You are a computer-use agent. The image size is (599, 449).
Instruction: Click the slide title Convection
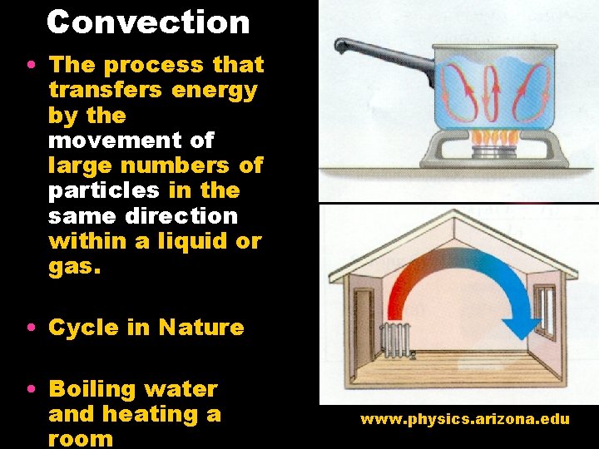click(x=148, y=22)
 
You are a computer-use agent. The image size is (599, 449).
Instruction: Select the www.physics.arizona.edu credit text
click(x=464, y=419)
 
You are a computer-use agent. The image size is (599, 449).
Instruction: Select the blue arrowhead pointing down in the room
click(x=522, y=324)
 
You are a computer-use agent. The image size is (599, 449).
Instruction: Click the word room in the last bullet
click(x=80, y=438)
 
